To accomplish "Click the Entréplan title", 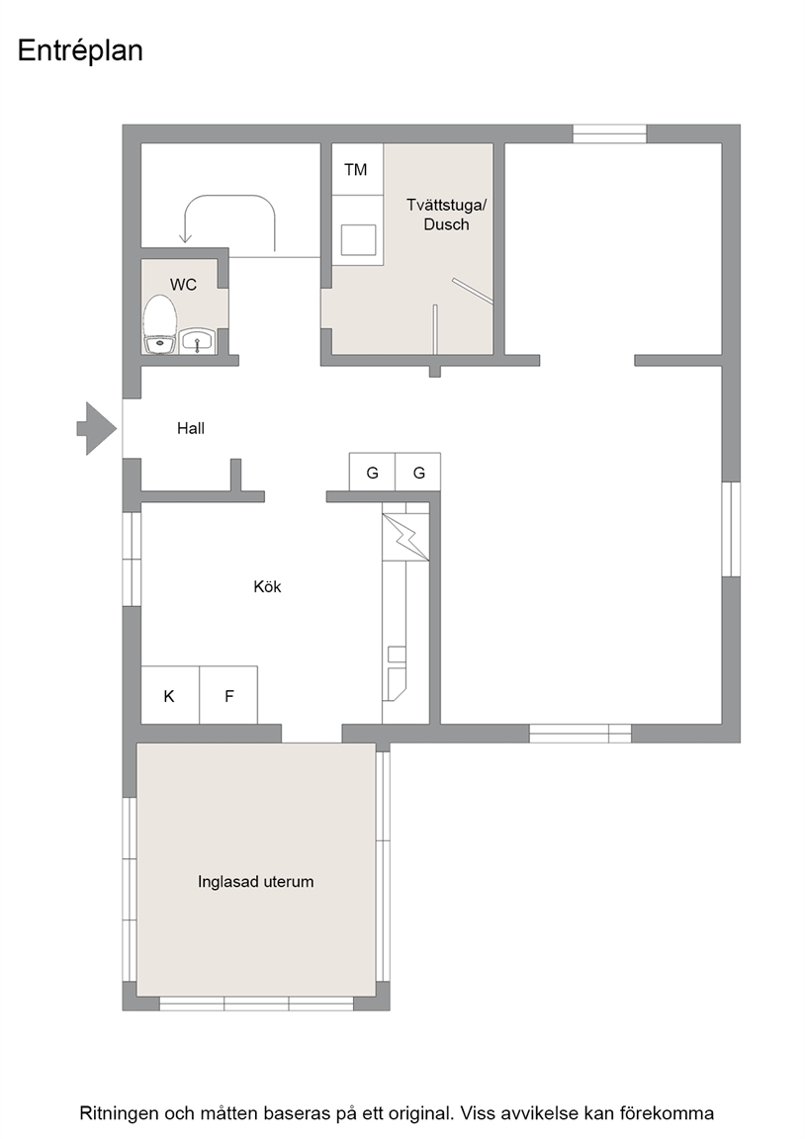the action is click(x=80, y=50).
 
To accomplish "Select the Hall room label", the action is click(x=191, y=428).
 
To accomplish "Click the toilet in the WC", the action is click(x=160, y=324).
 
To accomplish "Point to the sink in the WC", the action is click(x=197, y=341).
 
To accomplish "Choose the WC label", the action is click(x=183, y=285).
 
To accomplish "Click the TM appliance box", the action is click(x=357, y=169).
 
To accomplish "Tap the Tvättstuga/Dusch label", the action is click(x=446, y=215).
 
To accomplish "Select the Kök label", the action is click(x=267, y=587).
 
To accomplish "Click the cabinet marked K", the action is click(x=170, y=695).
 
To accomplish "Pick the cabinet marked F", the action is click(x=228, y=695).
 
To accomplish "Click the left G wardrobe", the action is click(x=372, y=473).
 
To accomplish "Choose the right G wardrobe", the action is click(x=418, y=473).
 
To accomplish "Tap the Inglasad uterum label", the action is click(x=256, y=882).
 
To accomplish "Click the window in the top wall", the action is click(x=609, y=133).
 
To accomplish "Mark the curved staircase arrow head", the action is click(x=185, y=236).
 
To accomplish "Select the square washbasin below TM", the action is click(x=359, y=239).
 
